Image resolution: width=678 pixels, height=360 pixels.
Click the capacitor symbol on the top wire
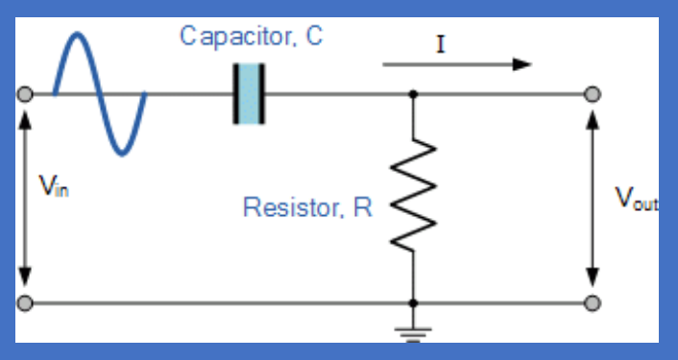248,94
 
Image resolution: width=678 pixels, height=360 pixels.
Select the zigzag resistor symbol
413,196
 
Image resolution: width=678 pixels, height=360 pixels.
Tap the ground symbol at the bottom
413,331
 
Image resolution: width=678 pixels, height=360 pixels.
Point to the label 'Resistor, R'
307,207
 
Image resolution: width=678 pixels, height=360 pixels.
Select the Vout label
636,199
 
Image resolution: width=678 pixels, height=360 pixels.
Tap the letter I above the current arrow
440,44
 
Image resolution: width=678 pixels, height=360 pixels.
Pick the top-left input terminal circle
25,94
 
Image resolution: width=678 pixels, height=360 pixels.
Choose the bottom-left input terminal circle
25,303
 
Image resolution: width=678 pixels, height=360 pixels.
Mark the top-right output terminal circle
593,94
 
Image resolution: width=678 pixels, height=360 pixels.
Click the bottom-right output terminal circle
593,303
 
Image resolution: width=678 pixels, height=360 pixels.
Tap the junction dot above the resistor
413,94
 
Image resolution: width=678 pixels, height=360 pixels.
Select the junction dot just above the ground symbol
413,303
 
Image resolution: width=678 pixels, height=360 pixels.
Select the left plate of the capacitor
235,94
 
